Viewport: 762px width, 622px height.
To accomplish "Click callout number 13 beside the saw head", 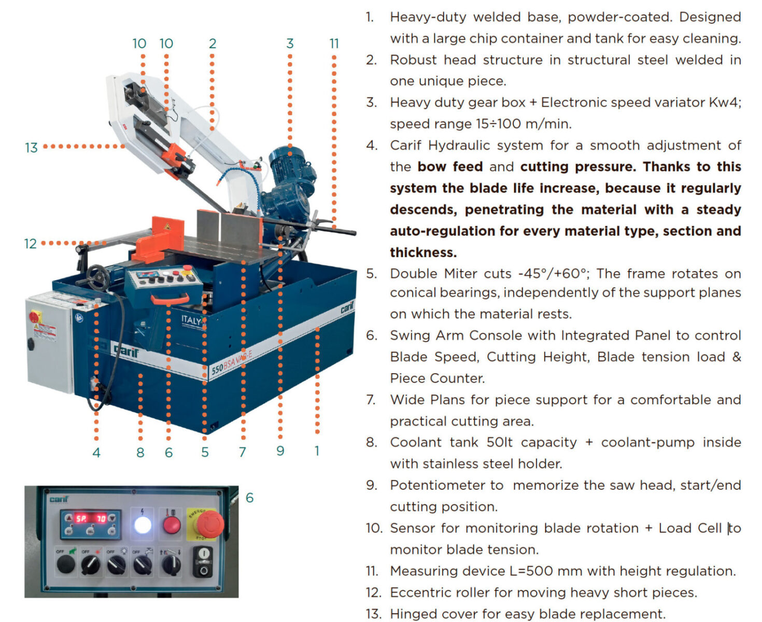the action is coord(31,148).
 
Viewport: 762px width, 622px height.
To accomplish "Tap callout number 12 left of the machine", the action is coord(31,244).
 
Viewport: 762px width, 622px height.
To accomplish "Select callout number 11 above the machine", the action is coord(334,44).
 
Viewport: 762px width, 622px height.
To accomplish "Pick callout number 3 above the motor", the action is coord(290,44).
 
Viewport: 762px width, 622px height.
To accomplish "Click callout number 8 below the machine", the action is coord(140,452).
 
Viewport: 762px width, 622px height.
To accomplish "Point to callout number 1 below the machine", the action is coord(317,451).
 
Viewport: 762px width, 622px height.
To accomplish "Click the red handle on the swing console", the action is coord(170,299).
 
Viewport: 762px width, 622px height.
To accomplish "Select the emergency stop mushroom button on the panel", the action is coord(209,524).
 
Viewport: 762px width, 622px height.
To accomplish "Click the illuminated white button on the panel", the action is coord(143,525).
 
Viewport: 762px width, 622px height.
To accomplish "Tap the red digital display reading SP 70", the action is coord(90,519).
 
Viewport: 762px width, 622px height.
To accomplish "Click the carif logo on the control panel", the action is coord(59,499).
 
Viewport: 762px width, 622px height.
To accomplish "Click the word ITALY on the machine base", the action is coord(191,320).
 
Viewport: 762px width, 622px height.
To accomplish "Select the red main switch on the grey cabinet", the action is coord(35,317).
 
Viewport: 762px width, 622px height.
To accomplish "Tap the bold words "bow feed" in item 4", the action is coord(450,166).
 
